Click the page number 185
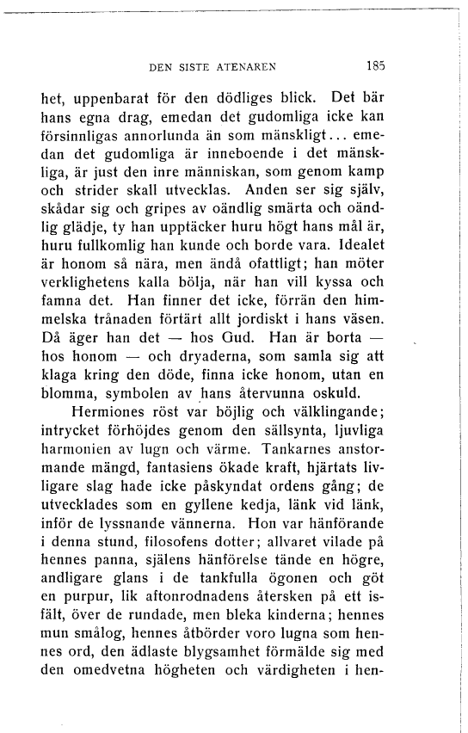(x=374, y=64)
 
